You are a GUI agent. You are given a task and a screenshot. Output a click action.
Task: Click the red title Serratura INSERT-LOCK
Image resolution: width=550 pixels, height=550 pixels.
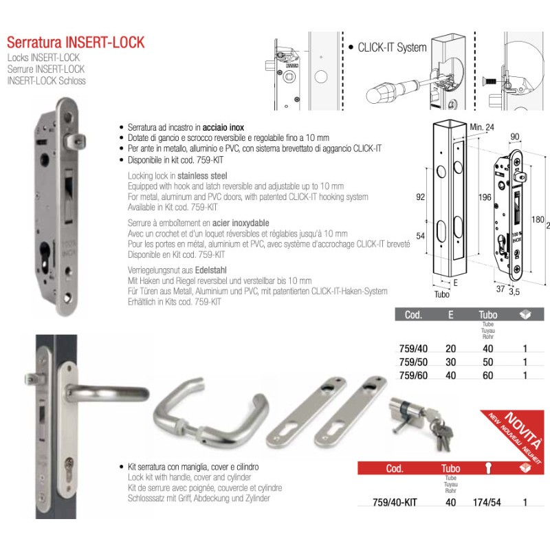(x=76, y=43)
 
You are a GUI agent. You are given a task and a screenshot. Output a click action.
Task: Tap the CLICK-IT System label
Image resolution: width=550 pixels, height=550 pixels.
(x=392, y=47)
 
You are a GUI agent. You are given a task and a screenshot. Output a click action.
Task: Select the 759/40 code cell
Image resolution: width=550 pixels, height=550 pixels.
(x=413, y=349)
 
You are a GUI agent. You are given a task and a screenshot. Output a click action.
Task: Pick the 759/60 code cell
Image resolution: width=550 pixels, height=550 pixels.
(x=413, y=375)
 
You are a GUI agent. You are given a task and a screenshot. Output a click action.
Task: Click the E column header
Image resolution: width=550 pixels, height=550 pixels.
(x=451, y=315)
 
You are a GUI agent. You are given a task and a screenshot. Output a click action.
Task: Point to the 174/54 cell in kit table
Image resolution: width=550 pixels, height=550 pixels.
(x=486, y=502)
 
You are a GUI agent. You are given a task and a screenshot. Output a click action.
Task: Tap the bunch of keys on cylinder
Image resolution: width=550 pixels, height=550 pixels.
(x=439, y=431)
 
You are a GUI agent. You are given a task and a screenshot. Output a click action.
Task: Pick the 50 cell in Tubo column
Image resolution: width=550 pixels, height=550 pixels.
(x=489, y=362)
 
